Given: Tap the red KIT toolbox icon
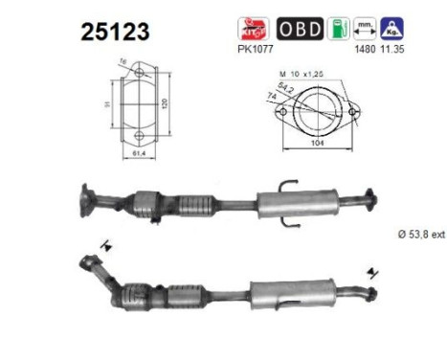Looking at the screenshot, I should click(251, 27).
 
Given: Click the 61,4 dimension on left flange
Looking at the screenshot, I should click(140, 152).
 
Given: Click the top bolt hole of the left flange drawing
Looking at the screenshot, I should click(140, 71).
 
